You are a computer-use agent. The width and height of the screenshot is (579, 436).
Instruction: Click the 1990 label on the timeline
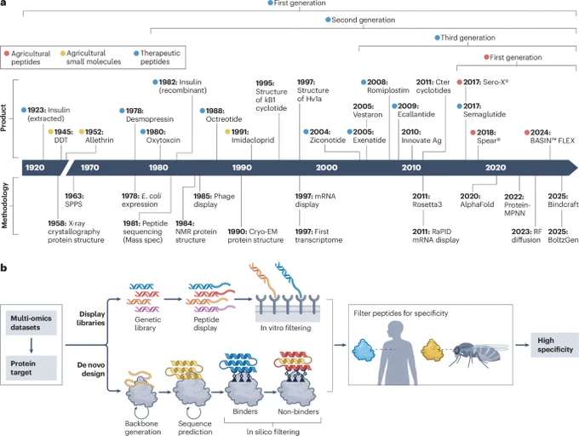tap(242, 168)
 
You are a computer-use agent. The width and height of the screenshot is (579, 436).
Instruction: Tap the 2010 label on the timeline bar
tap(411, 168)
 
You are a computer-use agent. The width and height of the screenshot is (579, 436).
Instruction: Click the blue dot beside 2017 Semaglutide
tap(459, 106)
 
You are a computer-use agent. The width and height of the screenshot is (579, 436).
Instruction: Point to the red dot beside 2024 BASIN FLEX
tap(527, 133)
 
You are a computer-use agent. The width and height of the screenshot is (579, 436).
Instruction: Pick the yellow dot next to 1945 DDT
tap(50, 132)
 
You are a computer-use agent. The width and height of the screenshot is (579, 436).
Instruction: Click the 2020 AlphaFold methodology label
tap(477, 200)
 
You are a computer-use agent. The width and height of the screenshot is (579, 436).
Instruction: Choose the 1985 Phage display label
tap(215, 200)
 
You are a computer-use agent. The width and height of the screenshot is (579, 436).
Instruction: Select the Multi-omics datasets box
tap(31, 323)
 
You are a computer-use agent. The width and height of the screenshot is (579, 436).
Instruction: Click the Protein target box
tap(31, 368)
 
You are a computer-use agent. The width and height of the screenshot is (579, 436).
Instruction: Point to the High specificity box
tap(554, 345)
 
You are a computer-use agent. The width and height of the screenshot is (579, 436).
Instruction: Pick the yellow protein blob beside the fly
tap(433, 350)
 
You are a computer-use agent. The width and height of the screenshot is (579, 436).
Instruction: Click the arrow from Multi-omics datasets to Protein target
tap(31, 346)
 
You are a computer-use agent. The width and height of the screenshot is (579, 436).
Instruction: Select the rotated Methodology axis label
tap(4, 205)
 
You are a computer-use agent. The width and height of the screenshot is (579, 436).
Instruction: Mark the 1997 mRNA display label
tap(315, 200)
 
